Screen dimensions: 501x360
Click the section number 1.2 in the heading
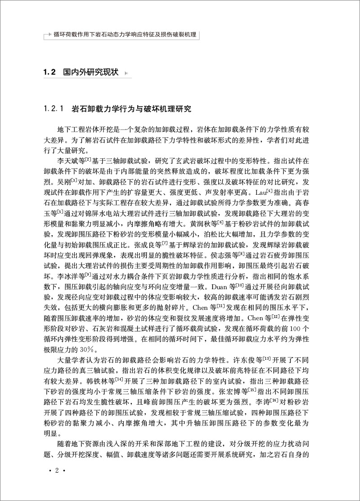click(x=48, y=72)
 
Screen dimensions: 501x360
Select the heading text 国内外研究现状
click(x=90, y=72)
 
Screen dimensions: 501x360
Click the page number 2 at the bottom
click(x=57, y=483)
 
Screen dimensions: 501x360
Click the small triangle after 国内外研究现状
click(x=126, y=73)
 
